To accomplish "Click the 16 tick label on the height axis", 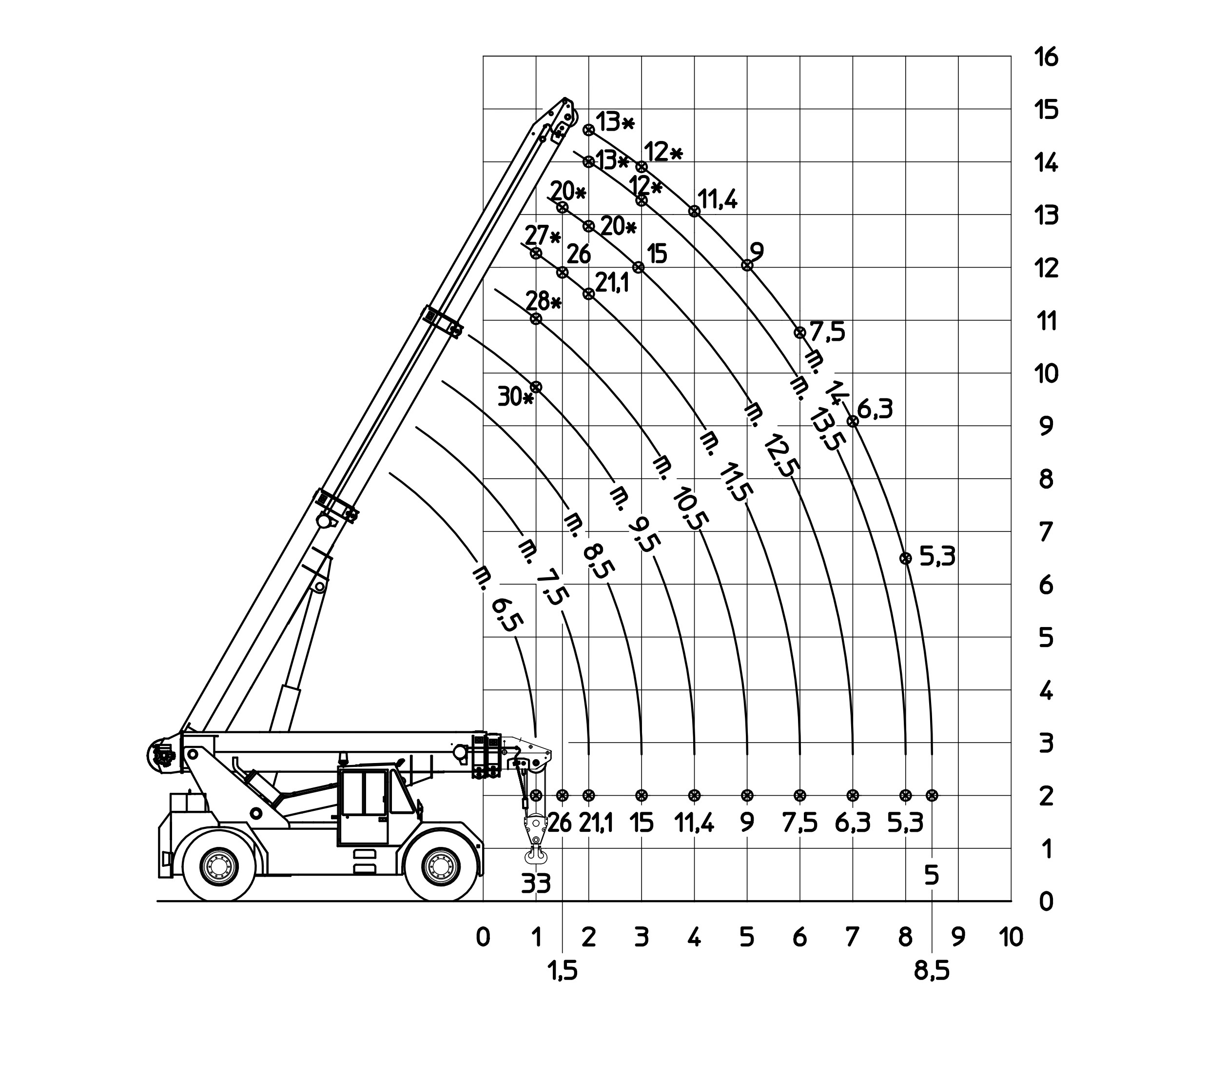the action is coord(1046,58).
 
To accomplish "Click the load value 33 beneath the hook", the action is coord(536,884).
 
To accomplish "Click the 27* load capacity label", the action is coord(543,236).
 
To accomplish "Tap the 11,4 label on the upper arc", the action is coord(718,199).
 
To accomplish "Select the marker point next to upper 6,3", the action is coord(853,421).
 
